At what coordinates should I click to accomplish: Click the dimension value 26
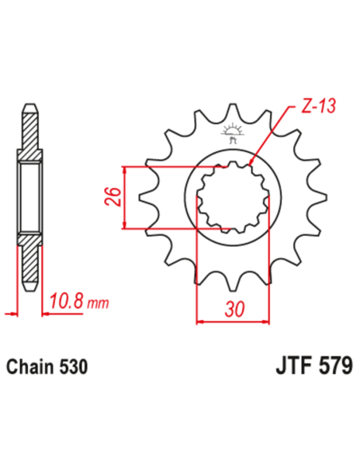click(113, 197)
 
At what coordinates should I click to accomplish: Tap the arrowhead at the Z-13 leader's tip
click(252, 163)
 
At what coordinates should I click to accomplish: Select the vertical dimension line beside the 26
click(124, 197)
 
